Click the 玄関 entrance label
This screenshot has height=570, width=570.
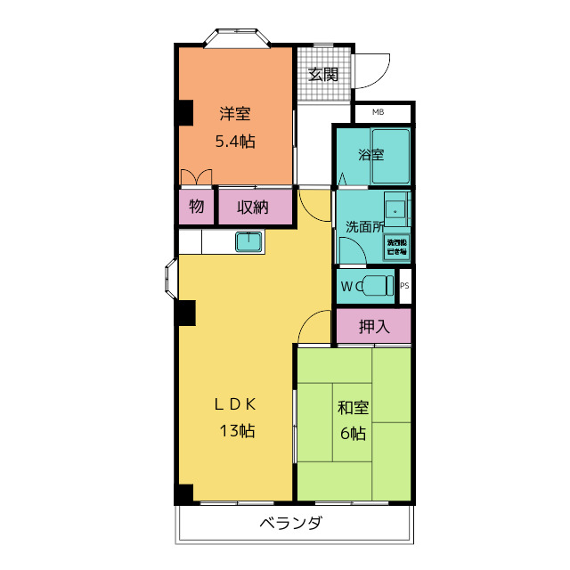tap(323, 74)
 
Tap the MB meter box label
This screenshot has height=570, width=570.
tap(379, 112)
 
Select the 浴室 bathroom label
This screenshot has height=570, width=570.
tap(371, 155)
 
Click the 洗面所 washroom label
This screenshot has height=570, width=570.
tap(364, 226)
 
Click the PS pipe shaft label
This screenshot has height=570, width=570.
tap(404, 286)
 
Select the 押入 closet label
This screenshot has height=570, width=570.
tap(374, 327)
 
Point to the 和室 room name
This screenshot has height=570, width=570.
tap(353, 409)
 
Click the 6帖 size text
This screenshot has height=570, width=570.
tap(353, 434)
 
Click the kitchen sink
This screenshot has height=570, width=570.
tap(248, 241)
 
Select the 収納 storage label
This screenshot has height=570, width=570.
tap(253, 208)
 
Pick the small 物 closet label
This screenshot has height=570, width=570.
tap(196, 208)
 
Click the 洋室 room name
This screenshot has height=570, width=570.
tap(235, 114)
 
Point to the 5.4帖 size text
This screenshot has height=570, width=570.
tap(235, 141)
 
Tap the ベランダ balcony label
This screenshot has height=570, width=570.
tap(290, 524)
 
